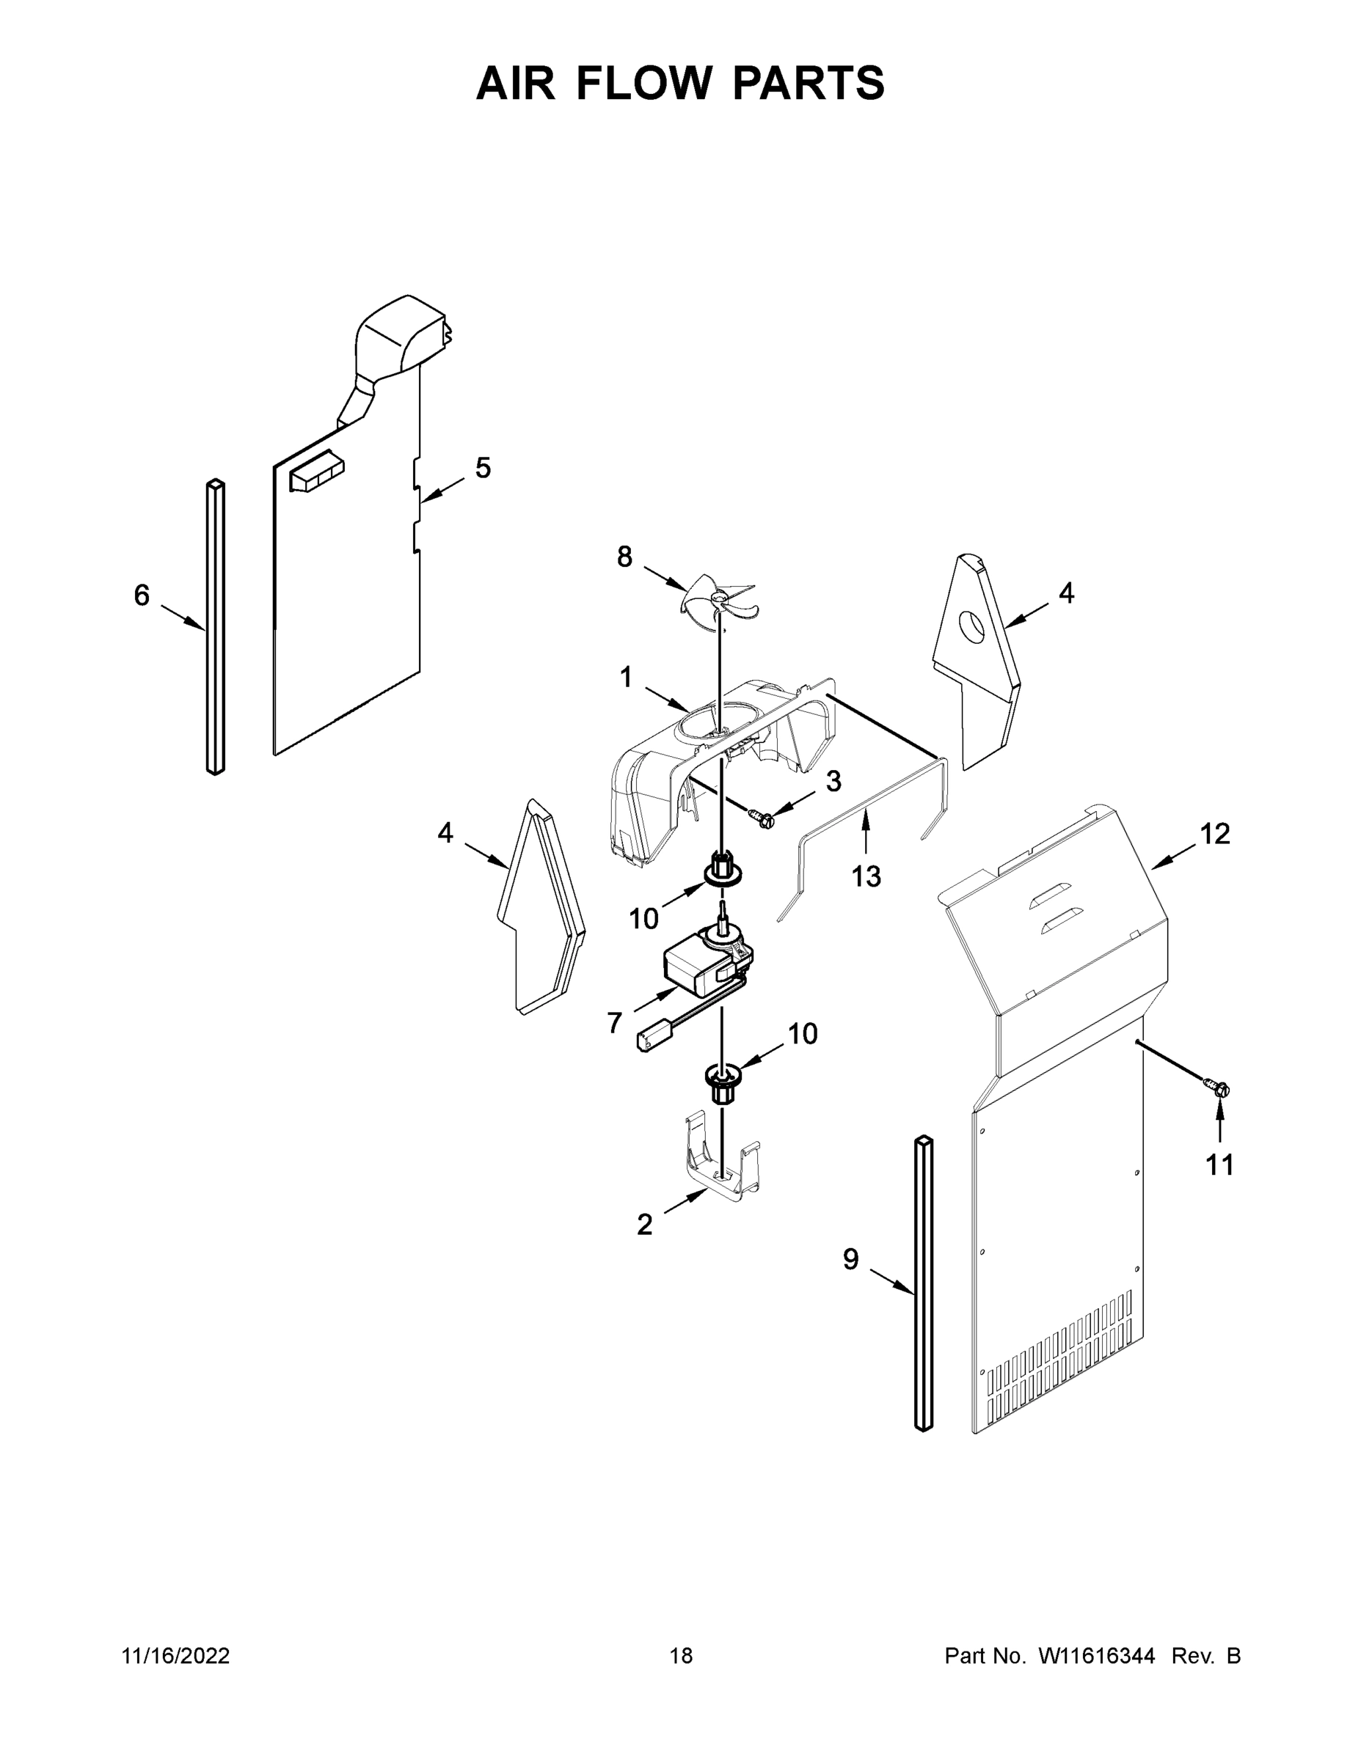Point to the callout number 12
(1215, 833)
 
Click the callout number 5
(482, 467)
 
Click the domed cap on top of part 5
(401, 336)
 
